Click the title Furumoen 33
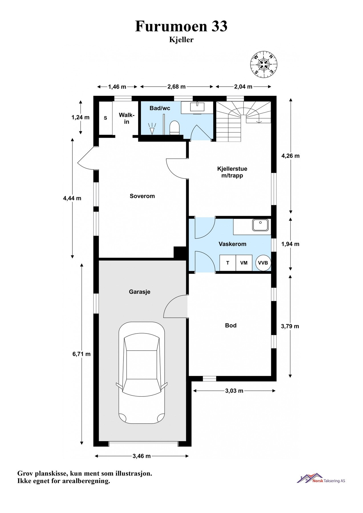[181, 26]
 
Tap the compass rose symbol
[264, 64]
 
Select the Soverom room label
[142, 196]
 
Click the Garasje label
[139, 292]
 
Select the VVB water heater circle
[263, 263]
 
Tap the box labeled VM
[244, 263]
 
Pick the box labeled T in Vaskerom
[228, 263]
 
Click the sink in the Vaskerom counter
[260, 225]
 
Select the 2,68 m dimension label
[177, 87]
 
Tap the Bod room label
[231, 325]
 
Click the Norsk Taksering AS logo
[321, 479]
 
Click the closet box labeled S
[106, 118]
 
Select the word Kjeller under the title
[181, 40]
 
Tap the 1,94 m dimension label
[290, 244]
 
